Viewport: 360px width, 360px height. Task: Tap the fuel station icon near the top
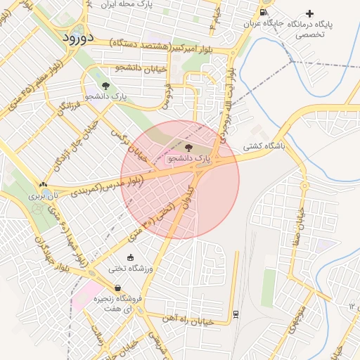(x=262, y=12)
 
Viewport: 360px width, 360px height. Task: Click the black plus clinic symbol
(x=309, y=13)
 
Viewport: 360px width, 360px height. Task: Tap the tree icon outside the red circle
(x=105, y=85)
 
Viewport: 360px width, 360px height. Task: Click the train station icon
(x=236, y=313)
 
